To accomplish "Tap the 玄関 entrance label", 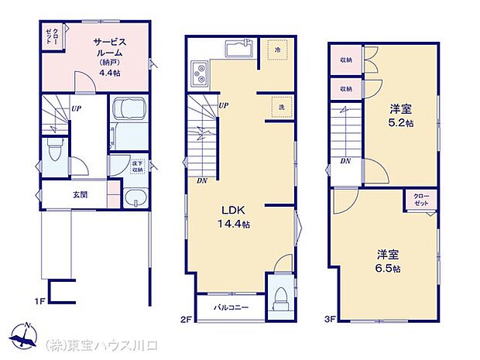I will [81, 194].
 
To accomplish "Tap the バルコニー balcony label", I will [231, 307].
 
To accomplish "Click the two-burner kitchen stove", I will [200, 76].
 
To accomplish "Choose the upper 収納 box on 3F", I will [345, 60].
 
